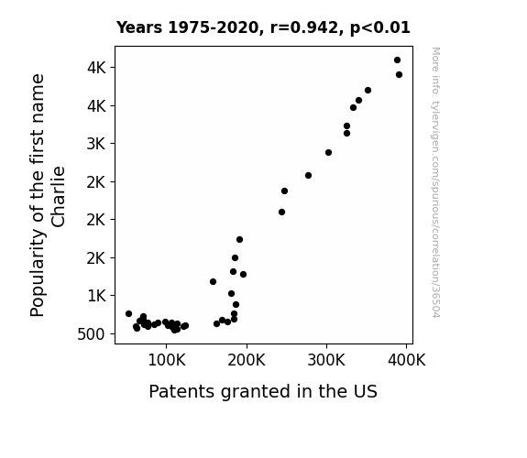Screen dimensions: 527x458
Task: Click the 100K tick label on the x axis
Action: (x=167, y=361)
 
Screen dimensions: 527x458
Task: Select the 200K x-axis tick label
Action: (x=247, y=361)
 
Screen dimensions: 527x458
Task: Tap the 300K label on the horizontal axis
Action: (x=326, y=361)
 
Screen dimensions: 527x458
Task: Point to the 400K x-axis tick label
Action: (x=407, y=361)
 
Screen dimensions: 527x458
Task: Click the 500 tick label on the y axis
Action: (x=91, y=334)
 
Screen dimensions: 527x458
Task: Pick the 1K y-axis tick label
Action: (x=96, y=296)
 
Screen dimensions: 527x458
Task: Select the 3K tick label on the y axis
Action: (x=96, y=144)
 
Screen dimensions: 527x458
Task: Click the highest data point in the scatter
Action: (x=397, y=60)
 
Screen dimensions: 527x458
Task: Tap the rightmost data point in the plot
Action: (x=399, y=74)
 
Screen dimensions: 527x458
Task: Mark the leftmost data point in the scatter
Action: (x=128, y=313)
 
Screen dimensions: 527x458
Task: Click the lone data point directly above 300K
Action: (x=329, y=153)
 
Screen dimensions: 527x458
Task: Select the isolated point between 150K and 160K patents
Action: (x=213, y=281)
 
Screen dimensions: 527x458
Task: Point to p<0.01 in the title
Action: (x=380, y=27)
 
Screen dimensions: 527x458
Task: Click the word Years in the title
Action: (x=139, y=27)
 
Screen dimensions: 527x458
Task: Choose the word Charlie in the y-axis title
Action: (x=58, y=197)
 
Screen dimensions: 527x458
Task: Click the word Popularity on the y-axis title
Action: (x=38, y=273)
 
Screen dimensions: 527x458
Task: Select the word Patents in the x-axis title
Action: (x=181, y=391)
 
